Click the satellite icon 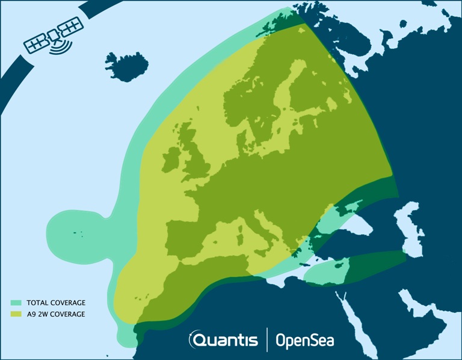[54, 38]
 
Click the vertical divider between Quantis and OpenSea [266, 340]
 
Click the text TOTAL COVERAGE [55, 302]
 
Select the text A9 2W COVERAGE [55, 314]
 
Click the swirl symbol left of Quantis [196, 341]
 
